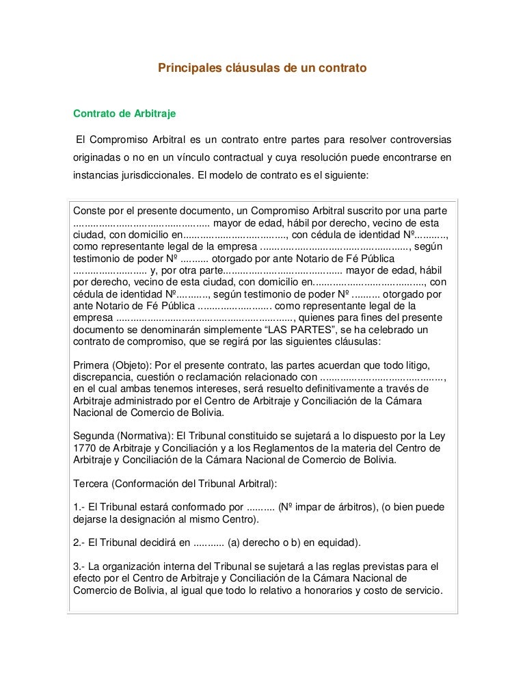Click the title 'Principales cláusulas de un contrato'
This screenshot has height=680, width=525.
[x=263, y=68]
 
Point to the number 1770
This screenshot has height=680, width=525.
[x=83, y=448]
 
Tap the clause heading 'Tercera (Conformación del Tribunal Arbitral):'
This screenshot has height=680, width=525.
[x=175, y=484]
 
